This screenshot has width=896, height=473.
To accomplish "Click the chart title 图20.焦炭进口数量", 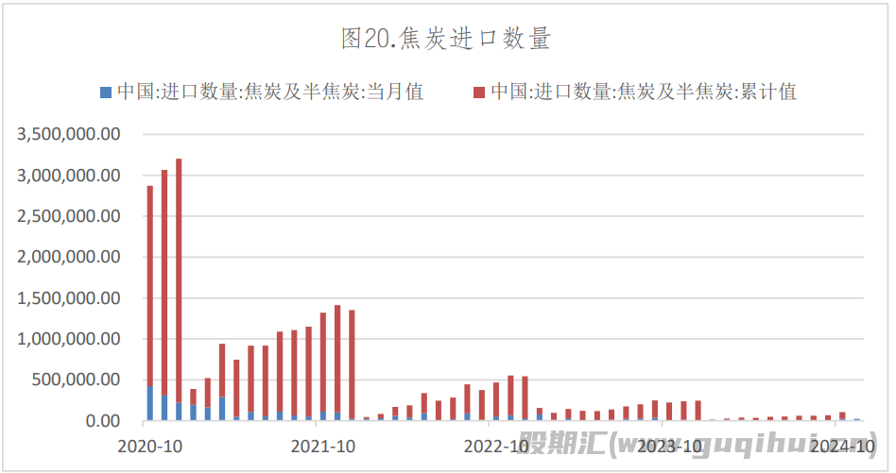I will coord(446,39).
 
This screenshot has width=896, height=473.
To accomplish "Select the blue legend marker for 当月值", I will coord(106,92).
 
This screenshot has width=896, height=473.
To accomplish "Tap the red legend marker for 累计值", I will coord(479,92).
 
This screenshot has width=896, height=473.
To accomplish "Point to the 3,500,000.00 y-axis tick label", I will coord(69,134).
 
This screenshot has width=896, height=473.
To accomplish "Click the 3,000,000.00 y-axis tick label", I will coord(69,176).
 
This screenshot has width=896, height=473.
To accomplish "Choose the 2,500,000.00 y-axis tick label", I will coord(69,216).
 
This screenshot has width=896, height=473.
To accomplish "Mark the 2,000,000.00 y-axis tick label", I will coord(69,257).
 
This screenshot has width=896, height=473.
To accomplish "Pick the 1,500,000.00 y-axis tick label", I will coord(69,298).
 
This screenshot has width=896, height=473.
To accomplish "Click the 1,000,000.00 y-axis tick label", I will coord(69,339).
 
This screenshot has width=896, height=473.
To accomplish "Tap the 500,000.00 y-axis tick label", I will coord(78,380).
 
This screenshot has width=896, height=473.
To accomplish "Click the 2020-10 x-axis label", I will coord(149,444).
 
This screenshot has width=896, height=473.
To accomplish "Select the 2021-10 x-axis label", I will coord(322,444).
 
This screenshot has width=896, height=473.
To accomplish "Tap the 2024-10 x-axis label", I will coord(842,444).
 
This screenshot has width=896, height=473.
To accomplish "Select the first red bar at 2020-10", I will coord(149,283).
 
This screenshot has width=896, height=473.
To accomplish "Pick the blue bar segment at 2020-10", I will coord(149,404).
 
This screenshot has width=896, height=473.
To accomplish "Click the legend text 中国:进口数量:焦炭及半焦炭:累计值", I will coord(643,92).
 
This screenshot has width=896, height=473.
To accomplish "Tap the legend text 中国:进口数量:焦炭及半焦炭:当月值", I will coord(269,92).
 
